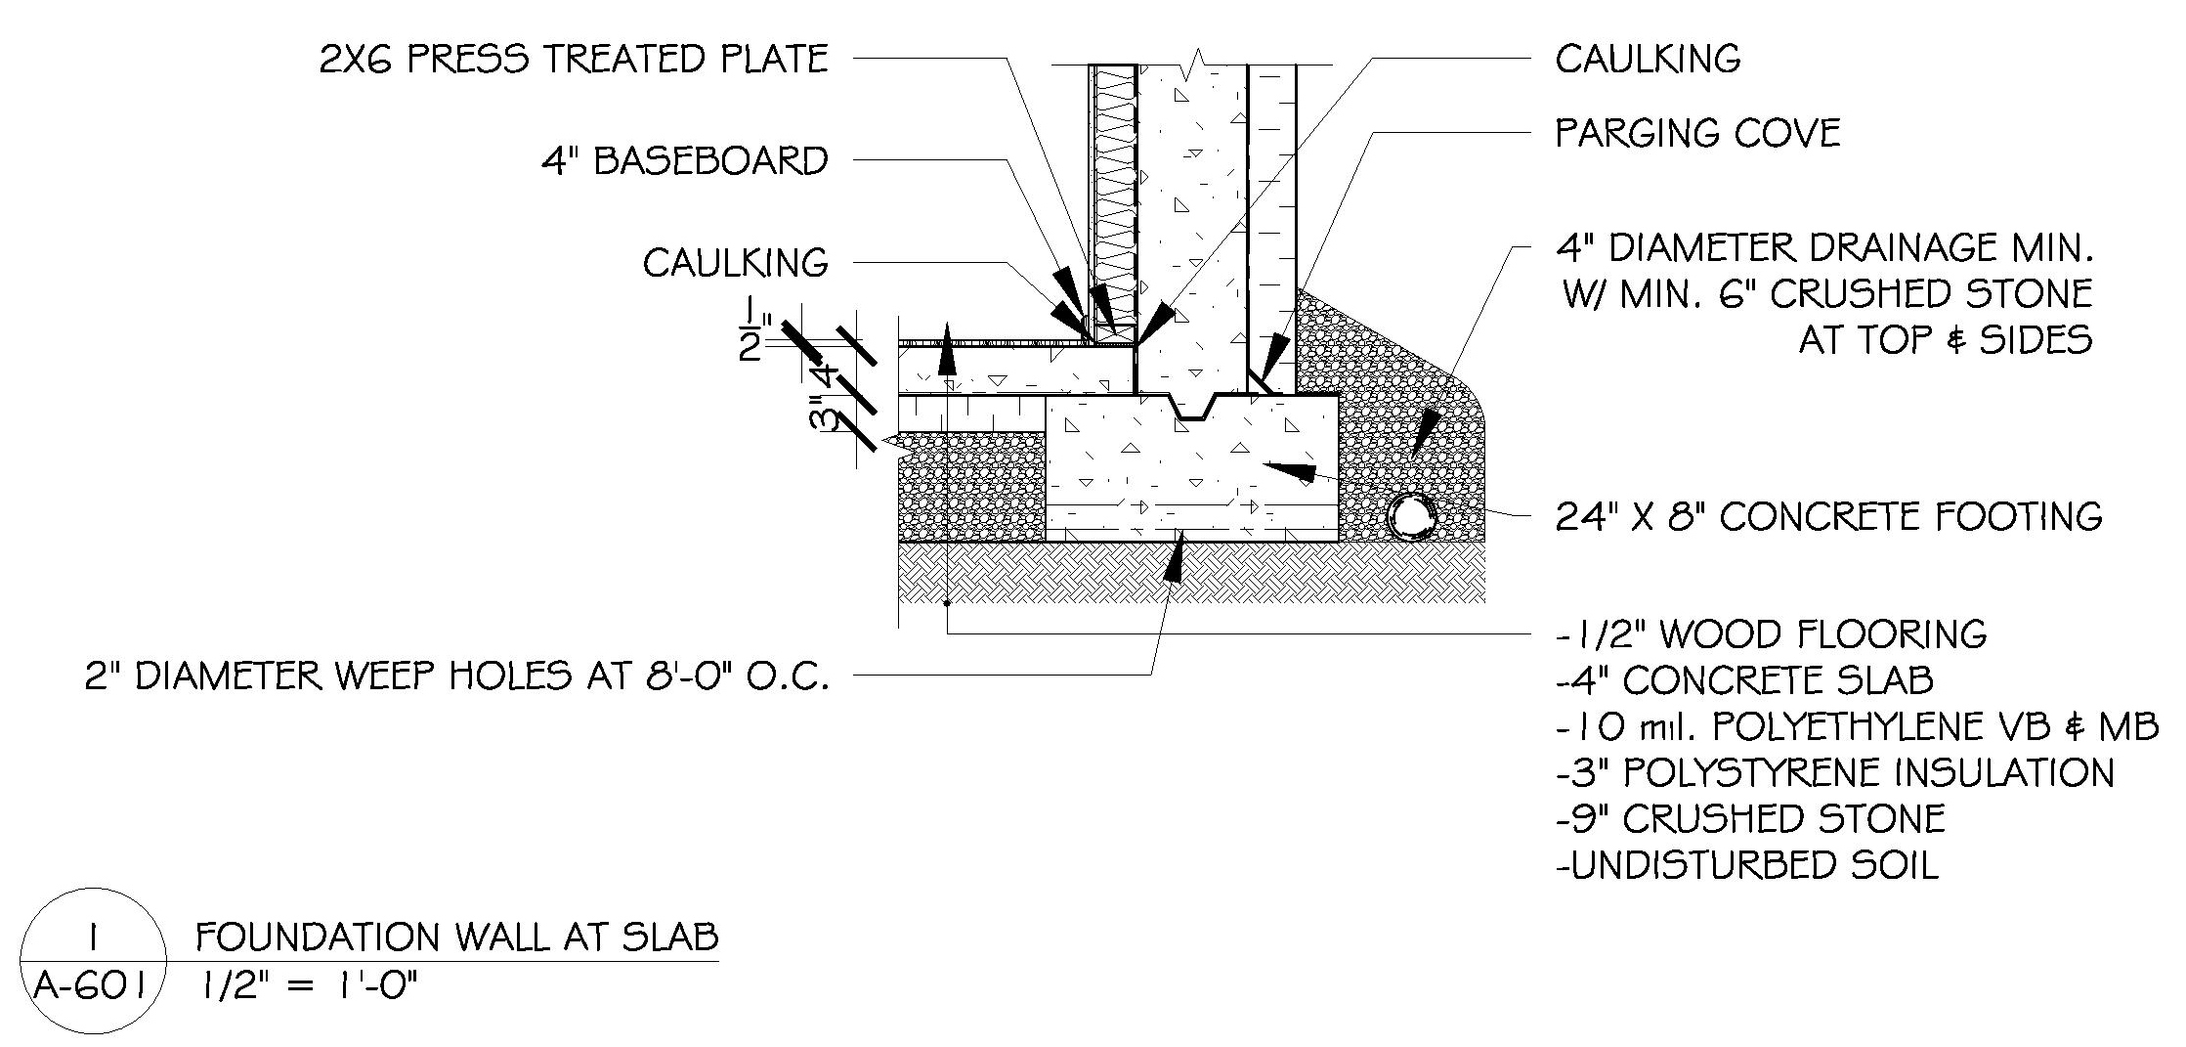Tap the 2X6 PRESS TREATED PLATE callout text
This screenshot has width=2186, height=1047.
[574, 59]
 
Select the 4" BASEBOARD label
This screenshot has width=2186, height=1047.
[685, 161]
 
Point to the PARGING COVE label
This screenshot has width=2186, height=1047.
[1697, 134]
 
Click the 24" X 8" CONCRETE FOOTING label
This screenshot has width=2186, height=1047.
[1828, 516]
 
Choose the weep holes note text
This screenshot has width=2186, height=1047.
[456, 676]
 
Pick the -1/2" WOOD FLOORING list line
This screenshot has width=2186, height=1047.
[1771, 634]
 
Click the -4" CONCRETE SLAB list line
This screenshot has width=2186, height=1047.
[1744, 680]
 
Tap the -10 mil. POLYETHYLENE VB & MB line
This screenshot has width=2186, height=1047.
[1857, 727]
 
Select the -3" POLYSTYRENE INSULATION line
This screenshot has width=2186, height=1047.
[1834, 773]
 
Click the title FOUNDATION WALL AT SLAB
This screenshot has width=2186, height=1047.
[456, 938]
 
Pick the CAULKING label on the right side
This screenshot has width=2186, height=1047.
[1648, 59]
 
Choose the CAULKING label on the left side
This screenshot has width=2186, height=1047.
[735, 263]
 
